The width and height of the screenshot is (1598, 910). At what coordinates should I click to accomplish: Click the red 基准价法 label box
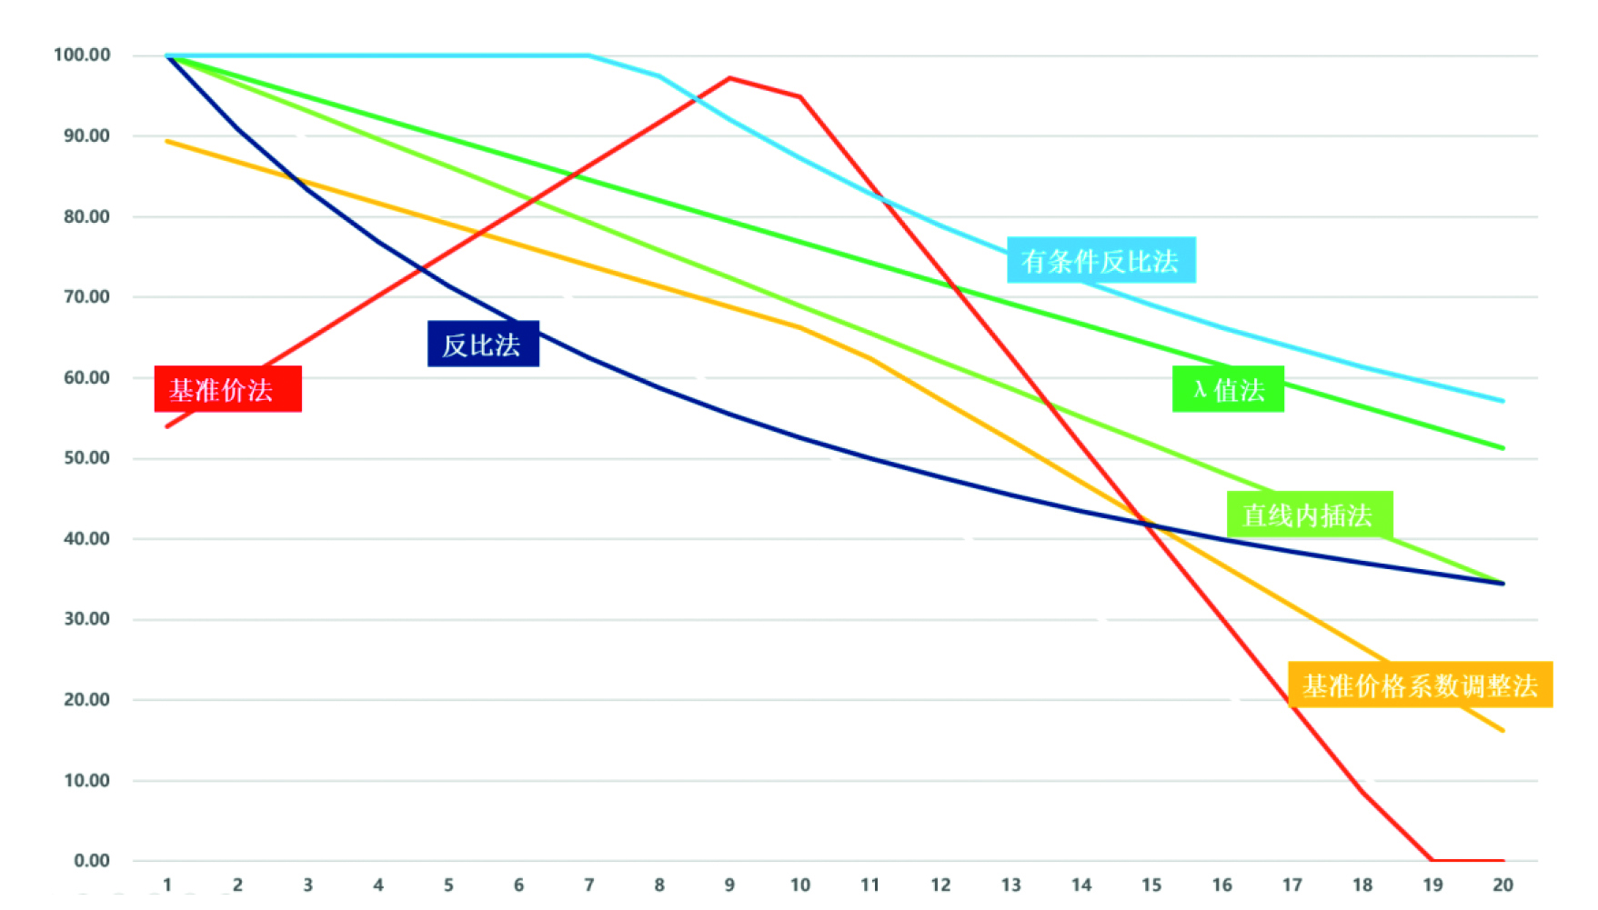[227, 389]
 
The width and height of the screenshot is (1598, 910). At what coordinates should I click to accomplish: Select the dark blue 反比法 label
[483, 344]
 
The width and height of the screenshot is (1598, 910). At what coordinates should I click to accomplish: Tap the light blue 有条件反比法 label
[1101, 260]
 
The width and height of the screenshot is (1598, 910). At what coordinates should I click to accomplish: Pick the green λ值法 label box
[1228, 389]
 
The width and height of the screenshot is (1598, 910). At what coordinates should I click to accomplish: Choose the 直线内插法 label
[1310, 515]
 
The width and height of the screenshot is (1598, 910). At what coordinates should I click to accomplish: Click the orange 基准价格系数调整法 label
[1420, 685]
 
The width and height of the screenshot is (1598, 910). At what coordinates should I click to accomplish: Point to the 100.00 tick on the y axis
[82, 55]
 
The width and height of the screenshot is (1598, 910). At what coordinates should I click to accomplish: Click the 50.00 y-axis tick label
[86, 457]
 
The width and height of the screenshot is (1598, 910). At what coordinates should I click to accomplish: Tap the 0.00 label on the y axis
[91, 860]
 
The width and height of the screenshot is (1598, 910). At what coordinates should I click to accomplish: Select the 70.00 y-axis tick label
[86, 296]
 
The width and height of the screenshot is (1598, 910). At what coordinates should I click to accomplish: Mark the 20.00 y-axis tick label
[86, 699]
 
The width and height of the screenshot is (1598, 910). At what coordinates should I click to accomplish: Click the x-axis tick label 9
[729, 885]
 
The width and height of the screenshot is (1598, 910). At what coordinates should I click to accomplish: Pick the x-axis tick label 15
[1151, 885]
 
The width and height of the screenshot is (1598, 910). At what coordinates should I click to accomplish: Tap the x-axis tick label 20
[1503, 885]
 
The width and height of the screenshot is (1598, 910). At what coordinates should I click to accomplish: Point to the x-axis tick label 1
[167, 885]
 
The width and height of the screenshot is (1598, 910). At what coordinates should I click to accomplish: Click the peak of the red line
[729, 78]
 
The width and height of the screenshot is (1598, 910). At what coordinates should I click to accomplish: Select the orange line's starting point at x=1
[167, 141]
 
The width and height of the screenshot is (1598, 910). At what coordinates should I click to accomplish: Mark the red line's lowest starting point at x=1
[167, 426]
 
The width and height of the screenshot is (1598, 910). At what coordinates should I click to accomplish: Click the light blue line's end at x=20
[1503, 401]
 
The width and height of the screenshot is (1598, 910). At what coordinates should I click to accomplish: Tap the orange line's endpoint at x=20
[1503, 730]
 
